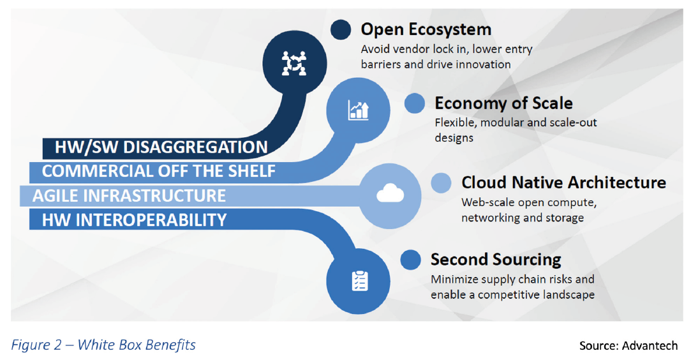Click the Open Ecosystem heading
426,30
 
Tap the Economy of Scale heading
503,103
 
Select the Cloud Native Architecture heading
563,183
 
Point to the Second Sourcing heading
496,260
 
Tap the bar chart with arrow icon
359,110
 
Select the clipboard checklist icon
360,281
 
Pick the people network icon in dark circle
294,63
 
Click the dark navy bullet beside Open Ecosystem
341,30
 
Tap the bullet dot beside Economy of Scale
415,103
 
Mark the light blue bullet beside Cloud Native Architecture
441,183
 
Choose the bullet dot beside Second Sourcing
411,260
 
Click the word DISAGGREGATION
195,147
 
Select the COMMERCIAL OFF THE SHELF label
159,172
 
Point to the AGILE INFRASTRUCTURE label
129,196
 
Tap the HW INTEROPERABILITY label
135,220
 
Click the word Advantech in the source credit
650,345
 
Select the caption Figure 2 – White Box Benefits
103,345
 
